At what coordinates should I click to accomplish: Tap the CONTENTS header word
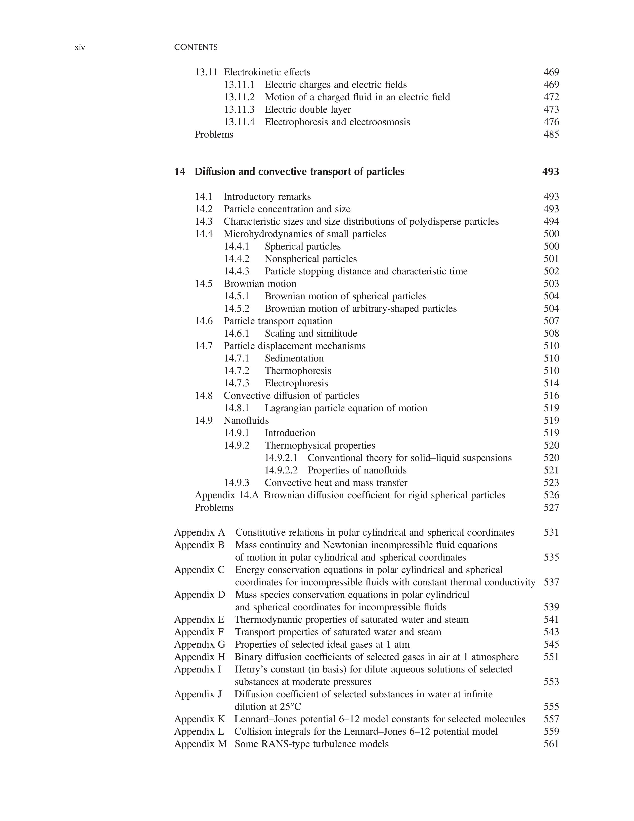tap(196, 47)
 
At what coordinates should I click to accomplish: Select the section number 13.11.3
tap(239, 110)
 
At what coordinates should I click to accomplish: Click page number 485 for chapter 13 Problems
tap(551, 135)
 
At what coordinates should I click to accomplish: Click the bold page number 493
tap(551, 172)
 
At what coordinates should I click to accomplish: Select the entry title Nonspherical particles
tap(311, 259)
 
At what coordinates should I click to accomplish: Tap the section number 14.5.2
tap(237, 309)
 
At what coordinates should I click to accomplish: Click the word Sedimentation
tap(294, 359)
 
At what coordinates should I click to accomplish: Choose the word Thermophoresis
tap(298, 371)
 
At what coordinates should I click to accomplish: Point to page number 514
tap(551, 383)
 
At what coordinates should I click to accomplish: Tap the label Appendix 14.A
tap(226, 495)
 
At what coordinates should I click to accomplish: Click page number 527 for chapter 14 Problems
tap(551, 508)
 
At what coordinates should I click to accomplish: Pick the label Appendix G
tap(199, 645)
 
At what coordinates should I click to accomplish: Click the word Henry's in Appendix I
tap(248, 669)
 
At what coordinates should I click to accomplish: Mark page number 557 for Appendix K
tap(551, 719)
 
